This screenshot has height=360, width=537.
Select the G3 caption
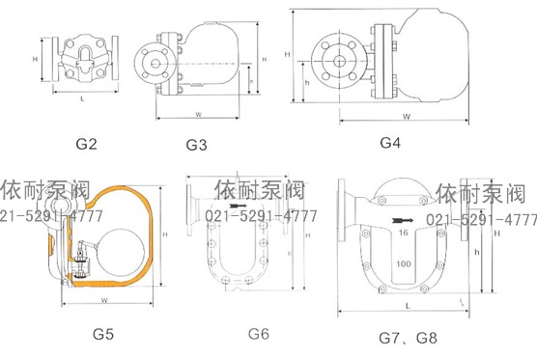(x=196, y=146)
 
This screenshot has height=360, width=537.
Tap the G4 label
(x=390, y=142)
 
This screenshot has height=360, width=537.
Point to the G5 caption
(x=103, y=335)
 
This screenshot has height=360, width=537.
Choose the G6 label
(x=258, y=334)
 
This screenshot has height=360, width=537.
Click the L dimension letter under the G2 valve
(x=84, y=99)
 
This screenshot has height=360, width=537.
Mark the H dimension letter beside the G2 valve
(x=36, y=60)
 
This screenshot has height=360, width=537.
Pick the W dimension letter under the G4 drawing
(x=406, y=116)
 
